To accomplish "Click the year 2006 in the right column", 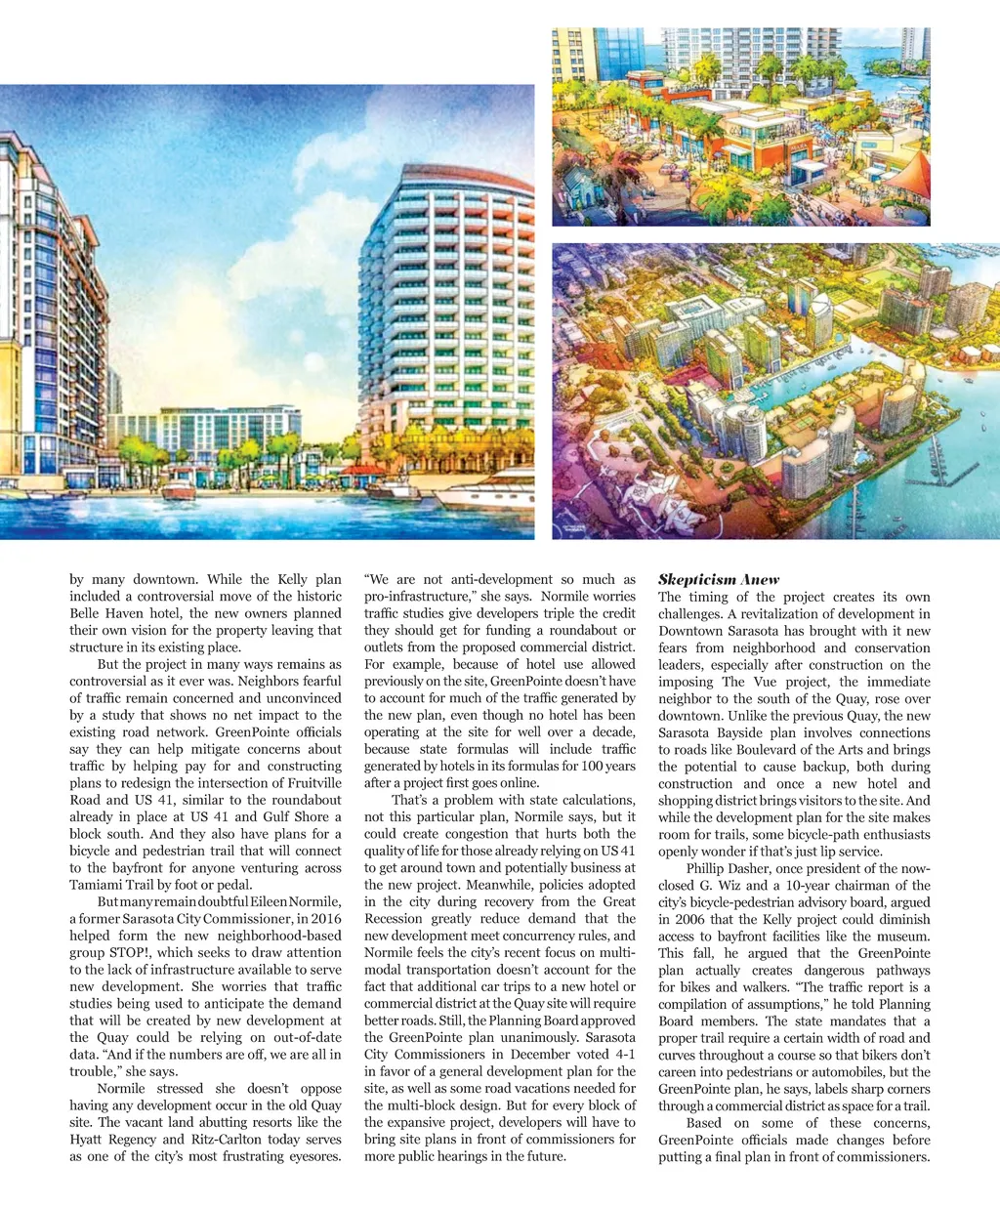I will point(680,919).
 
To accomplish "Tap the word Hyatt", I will point(87,1139).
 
